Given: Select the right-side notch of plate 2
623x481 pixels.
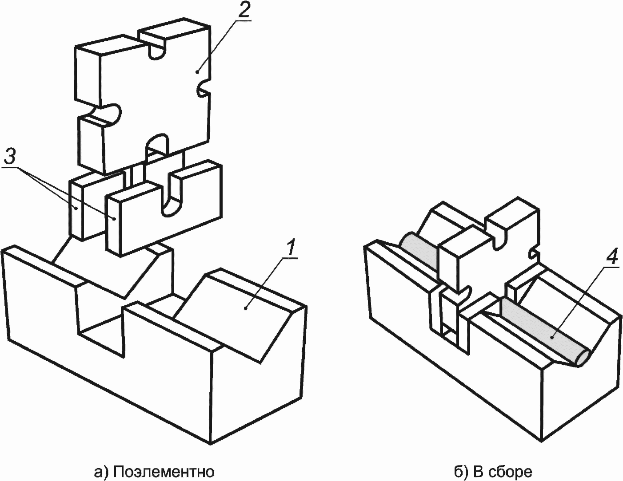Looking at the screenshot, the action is pos(204,87).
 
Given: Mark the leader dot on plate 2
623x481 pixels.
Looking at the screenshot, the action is pos(197,72).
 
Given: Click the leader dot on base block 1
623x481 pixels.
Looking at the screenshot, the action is pos(245,308).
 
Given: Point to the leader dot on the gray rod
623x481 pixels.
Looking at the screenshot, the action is pos(551,338).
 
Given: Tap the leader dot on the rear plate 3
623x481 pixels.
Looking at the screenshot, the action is pos(76,208).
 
